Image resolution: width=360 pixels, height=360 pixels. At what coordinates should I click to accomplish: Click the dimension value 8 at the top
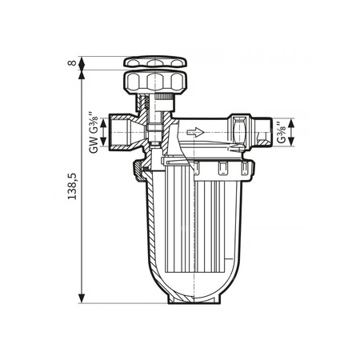[x=73, y=63]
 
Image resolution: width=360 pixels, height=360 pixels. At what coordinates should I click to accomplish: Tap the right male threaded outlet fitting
[x=261, y=131]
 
